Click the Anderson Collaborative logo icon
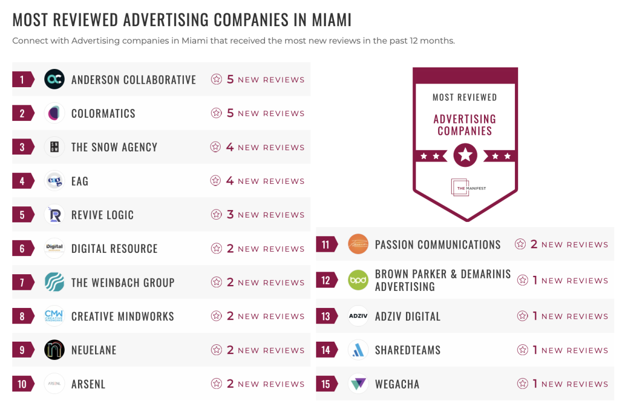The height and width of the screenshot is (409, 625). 54,79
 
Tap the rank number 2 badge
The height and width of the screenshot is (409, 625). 22,113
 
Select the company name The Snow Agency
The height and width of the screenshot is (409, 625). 114,147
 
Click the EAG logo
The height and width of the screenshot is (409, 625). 54,181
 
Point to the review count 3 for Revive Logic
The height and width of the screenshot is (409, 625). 230,214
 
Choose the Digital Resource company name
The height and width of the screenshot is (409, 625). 114,249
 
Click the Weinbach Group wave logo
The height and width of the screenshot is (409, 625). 54,282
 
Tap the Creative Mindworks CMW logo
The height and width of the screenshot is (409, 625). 54,316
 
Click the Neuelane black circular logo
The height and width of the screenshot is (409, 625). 54,350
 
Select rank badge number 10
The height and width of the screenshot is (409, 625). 22,384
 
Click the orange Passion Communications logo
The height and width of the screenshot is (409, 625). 358,244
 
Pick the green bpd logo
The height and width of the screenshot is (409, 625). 358,280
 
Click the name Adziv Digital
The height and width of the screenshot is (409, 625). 408,316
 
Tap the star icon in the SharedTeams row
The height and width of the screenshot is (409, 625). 522,350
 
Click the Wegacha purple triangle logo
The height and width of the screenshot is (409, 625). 358,384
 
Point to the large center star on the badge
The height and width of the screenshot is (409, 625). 465,156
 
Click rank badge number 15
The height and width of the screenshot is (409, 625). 326,384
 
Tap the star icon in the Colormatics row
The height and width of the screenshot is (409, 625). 216,113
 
